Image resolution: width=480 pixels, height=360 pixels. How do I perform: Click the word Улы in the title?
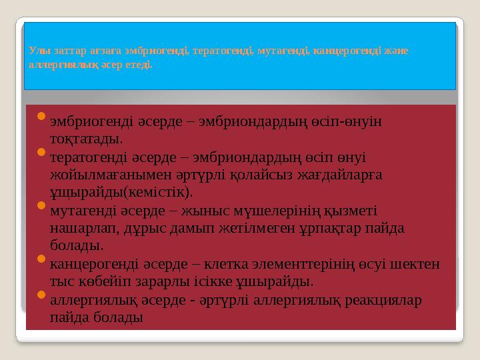point(38,51)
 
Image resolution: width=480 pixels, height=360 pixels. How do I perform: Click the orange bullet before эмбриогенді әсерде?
point(40,118)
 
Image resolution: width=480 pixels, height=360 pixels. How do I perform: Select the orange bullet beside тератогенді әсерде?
point(40,154)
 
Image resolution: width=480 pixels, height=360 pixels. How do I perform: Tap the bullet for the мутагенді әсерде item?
point(40,207)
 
